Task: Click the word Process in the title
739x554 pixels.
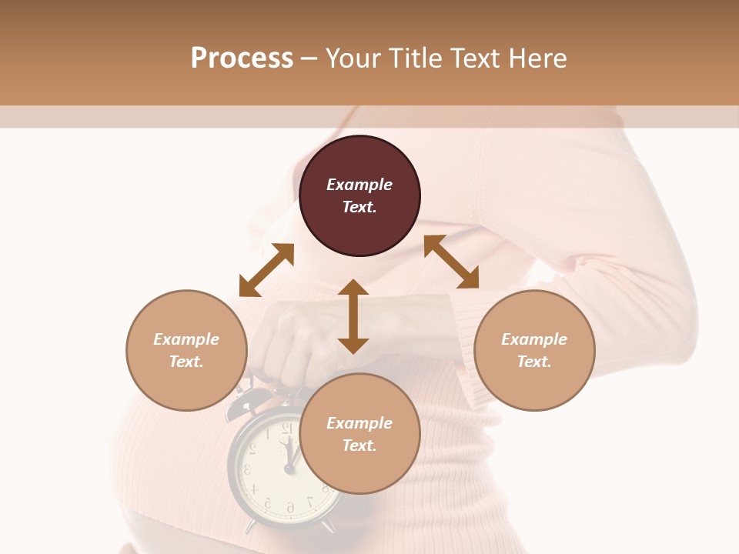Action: [242, 58]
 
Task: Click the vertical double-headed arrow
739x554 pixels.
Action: [353, 316]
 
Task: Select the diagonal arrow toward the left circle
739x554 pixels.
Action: [266, 270]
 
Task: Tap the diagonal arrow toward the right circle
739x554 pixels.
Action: [451, 262]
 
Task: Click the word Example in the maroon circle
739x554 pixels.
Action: [359, 185]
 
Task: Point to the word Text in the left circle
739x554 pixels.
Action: [186, 362]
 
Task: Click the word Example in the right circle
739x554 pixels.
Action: [534, 339]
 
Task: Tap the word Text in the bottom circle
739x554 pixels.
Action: [359, 446]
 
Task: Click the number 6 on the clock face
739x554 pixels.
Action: [290, 507]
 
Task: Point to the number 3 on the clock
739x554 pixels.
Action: [247, 468]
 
